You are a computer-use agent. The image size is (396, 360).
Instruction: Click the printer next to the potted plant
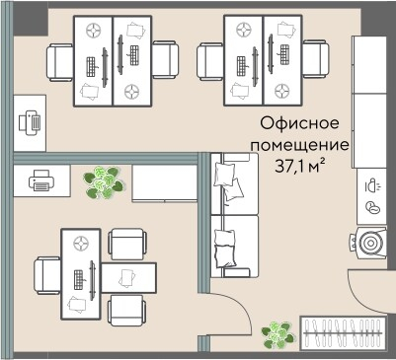pyautogui.click(x=40, y=180)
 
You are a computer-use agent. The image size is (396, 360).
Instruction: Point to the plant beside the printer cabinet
pyautogui.click(x=101, y=180)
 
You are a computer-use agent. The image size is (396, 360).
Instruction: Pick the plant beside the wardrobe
pyautogui.click(x=278, y=335)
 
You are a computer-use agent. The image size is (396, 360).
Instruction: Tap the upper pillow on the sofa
pyautogui.click(x=227, y=180)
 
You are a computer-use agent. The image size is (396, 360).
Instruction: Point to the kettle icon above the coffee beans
pyautogui.click(x=371, y=184)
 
